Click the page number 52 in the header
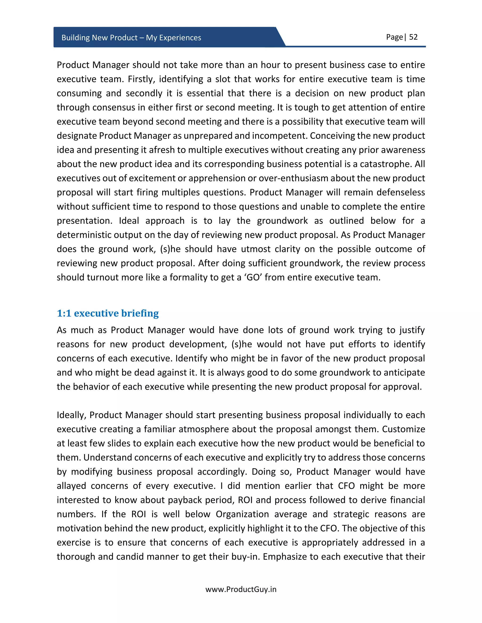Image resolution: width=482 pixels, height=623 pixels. (x=413, y=37)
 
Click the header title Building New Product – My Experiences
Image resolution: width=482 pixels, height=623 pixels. (x=131, y=38)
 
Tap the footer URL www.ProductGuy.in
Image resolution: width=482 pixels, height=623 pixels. (x=241, y=589)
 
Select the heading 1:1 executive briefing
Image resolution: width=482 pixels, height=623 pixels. (x=108, y=313)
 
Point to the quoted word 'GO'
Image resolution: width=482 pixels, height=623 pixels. (x=253, y=277)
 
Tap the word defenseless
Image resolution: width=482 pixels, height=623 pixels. (x=401, y=192)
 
